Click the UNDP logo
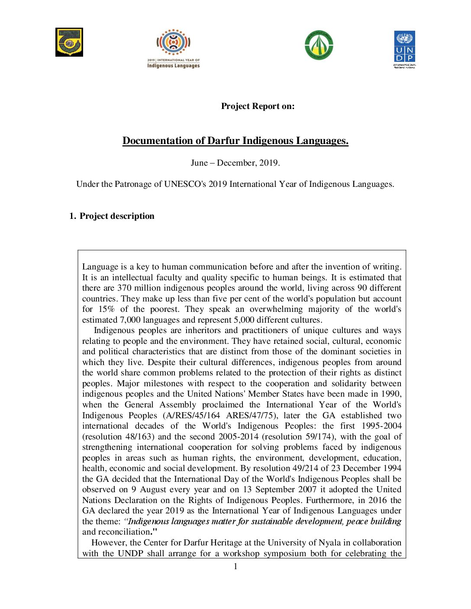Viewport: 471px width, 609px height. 404,48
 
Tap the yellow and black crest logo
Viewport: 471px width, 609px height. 69,42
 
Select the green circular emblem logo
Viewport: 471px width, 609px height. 319,45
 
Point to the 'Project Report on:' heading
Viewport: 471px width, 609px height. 258,106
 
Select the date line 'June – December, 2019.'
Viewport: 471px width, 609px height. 235,163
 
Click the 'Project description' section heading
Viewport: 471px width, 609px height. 117,216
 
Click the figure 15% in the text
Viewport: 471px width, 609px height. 106,309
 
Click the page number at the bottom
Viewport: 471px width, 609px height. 235,567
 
